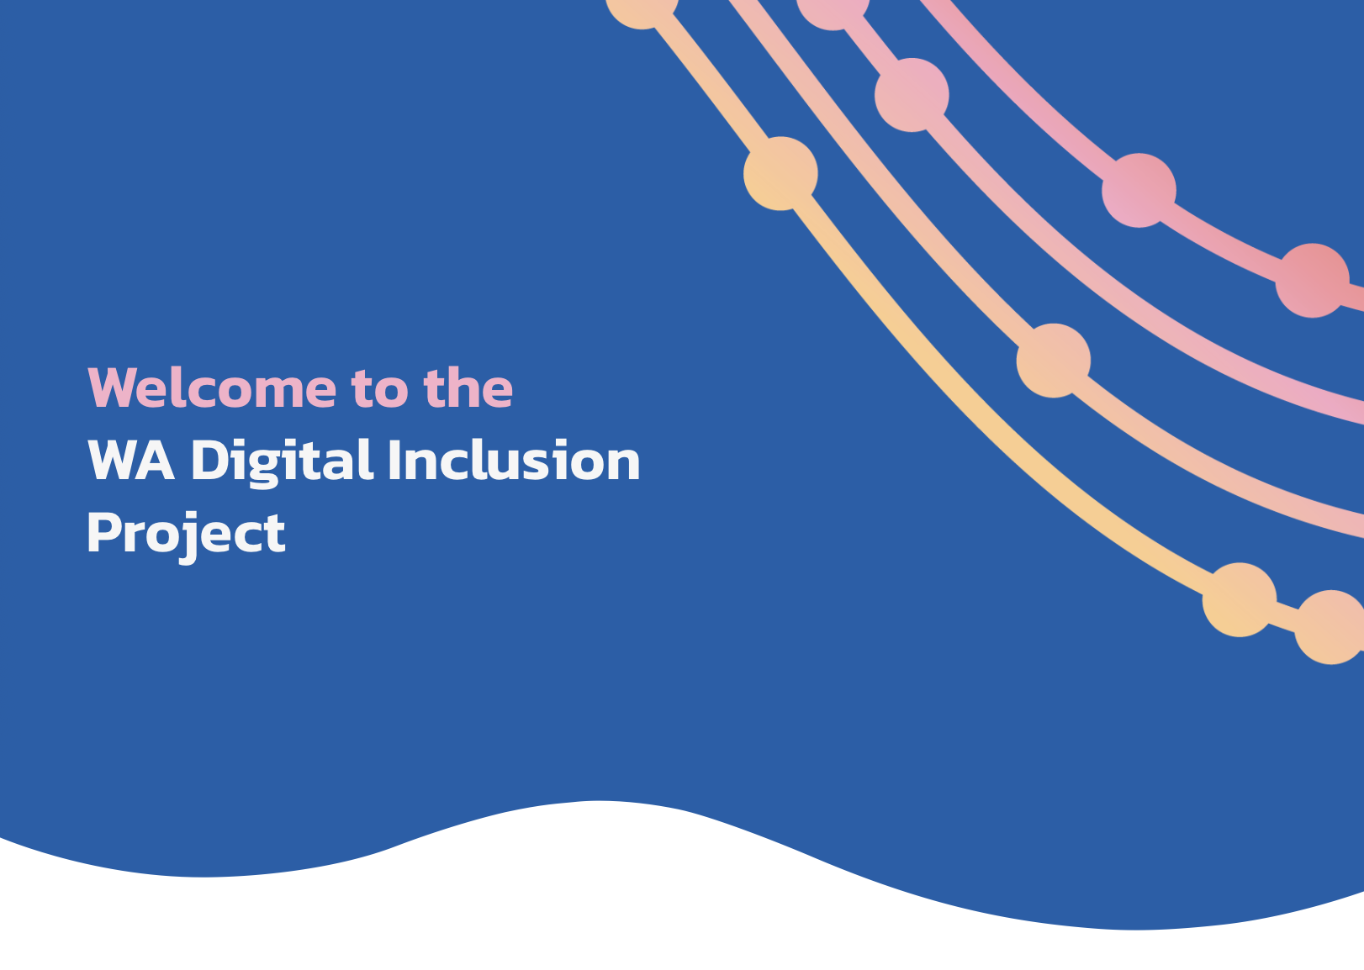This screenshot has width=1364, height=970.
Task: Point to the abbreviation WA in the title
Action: click(x=131, y=461)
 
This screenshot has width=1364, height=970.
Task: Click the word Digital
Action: click(x=282, y=461)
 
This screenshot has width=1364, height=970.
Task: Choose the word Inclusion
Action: click(x=514, y=461)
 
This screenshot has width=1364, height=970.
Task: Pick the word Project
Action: click(x=186, y=533)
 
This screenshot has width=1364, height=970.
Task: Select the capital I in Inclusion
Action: click(x=394, y=461)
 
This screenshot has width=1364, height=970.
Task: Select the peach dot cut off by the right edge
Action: click(x=1330, y=627)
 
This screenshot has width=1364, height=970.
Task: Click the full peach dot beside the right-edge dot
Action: click(x=1240, y=599)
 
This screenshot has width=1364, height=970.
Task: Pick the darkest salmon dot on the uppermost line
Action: click(x=1313, y=281)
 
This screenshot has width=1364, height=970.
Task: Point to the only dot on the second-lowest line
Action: click(x=1054, y=361)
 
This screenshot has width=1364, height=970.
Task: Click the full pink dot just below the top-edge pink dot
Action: click(x=912, y=95)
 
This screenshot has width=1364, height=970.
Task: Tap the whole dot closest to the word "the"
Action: click(x=780, y=173)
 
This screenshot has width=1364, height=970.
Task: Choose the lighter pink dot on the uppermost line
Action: click(x=1139, y=190)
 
